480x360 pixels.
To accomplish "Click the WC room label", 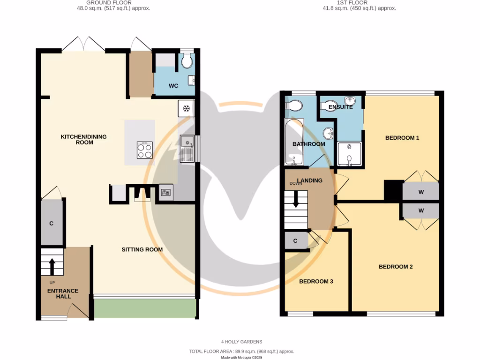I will pyautogui.click(x=173, y=86).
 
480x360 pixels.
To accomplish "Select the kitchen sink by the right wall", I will pyautogui.click(x=187, y=148).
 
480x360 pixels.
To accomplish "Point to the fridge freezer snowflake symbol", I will pyautogui.click(x=186, y=109).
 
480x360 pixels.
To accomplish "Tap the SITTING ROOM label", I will pyautogui.click(x=142, y=249).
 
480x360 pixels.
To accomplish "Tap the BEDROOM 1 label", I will pyautogui.click(x=402, y=138).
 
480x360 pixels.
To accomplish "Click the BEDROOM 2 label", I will pyautogui.click(x=396, y=267).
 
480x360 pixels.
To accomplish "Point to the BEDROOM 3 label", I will pyautogui.click(x=316, y=281).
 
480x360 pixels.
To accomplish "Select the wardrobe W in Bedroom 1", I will pyautogui.click(x=421, y=192).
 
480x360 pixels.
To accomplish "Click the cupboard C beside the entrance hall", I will pyautogui.click(x=52, y=224).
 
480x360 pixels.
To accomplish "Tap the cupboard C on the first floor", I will pyautogui.click(x=295, y=241).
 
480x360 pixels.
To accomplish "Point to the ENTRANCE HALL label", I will pyautogui.click(x=63, y=293).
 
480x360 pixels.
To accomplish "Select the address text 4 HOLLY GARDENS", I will pyautogui.click(x=241, y=342).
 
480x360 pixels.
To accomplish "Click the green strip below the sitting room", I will pyautogui.click(x=145, y=308).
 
